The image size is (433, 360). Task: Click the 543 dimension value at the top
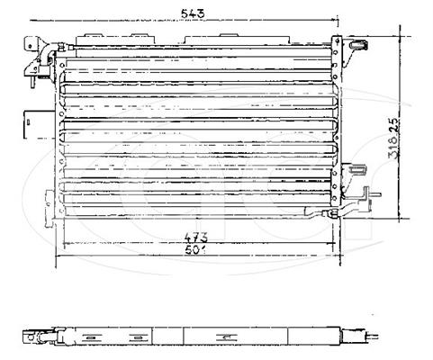click(x=194, y=13)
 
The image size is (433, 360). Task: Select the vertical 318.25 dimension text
click(x=394, y=138)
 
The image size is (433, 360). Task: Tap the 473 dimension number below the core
click(x=196, y=238)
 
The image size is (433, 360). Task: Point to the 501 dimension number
click(x=195, y=250)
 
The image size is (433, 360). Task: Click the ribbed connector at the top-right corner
click(x=359, y=45)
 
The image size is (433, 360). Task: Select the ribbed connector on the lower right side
click(x=357, y=169)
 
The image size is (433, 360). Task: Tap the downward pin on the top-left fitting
click(x=32, y=82)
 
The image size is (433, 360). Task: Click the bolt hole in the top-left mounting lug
click(x=30, y=46)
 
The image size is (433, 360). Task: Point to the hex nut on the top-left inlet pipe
click(x=61, y=47)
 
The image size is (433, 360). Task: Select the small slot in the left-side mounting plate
click(x=28, y=122)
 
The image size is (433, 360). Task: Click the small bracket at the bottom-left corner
click(x=49, y=208)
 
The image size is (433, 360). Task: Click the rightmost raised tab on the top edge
click(x=229, y=35)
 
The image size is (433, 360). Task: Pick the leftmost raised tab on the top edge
click(x=94, y=35)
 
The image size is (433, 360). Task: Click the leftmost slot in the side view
click(x=90, y=338)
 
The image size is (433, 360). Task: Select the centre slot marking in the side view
click(x=227, y=337)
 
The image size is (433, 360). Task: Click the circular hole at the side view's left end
click(x=30, y=337)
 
